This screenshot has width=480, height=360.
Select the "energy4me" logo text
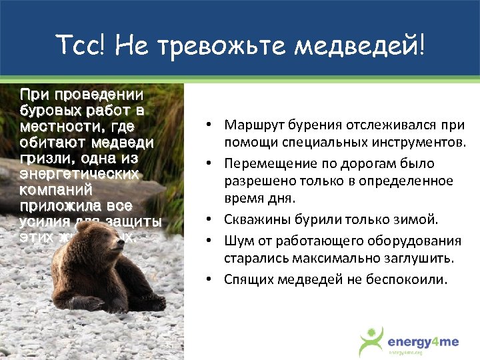423,342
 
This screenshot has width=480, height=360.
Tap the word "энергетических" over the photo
79,175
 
